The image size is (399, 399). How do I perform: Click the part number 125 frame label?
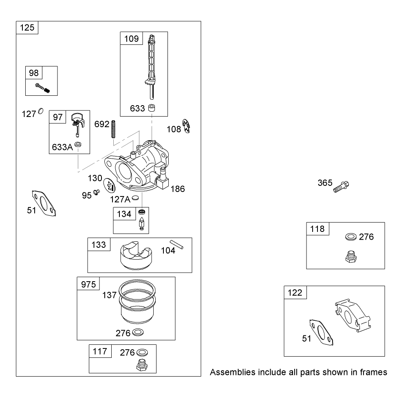[27, 27]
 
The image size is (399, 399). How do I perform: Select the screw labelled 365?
[341, 187]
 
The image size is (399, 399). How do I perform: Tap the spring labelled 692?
[113, 129]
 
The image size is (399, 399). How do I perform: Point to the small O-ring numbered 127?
[41, 111]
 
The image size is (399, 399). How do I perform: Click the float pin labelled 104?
[176, 245]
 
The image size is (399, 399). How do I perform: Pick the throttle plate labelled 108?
[186, 126]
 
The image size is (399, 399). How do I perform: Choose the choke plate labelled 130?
[109, 185]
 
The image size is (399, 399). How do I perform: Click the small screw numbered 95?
[97, 192]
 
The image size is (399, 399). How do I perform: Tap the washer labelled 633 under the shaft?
[152, 108]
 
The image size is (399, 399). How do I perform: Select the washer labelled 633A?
[78, 145]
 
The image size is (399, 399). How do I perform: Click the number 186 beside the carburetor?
[178, 189]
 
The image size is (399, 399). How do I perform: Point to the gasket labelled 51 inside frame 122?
[321, 332]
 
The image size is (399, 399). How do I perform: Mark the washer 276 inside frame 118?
[351, 237]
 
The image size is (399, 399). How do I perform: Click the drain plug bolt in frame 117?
[142, 365]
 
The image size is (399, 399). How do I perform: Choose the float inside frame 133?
[136, 255]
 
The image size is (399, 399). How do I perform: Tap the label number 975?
[88, 284]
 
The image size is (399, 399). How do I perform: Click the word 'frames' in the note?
[373, 372]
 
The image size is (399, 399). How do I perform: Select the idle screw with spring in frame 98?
[42, 88]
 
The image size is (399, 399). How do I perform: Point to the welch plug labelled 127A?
[136, 198]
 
